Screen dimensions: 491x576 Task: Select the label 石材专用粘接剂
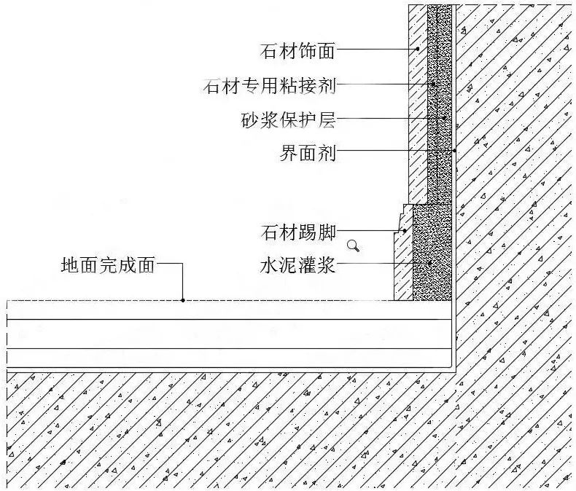[x=270, y=86]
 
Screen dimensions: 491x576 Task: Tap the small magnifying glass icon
[x=354, y=245]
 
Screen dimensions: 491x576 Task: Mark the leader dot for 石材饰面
[x=418, y=50]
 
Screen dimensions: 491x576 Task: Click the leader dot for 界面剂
[x=454, y=151]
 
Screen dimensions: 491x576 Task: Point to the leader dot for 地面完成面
[x=182, y=299]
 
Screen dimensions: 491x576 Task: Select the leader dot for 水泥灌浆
[x=430, y=264]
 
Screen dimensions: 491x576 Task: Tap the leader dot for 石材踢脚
[x=405, y=231]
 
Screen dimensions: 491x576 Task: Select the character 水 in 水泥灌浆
[x=269, y=265]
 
